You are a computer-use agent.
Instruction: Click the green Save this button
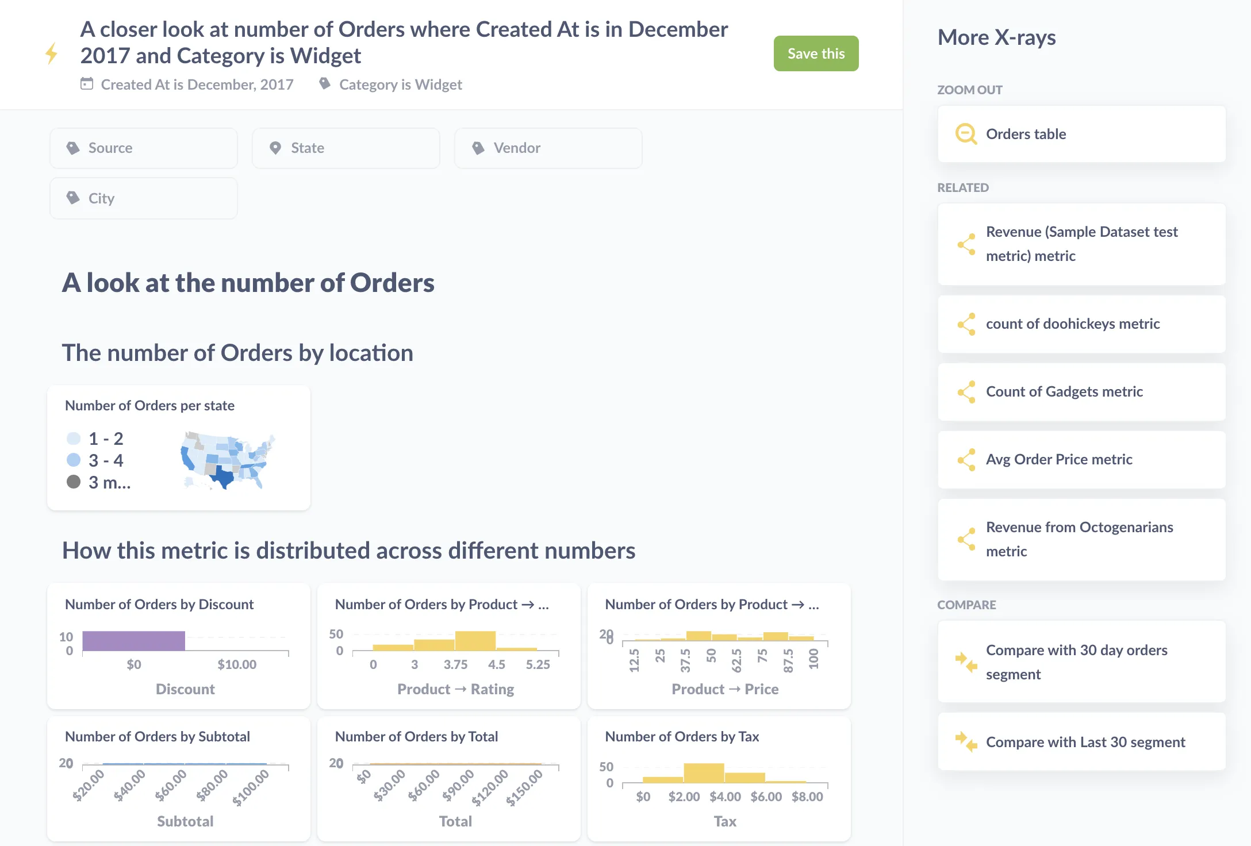pyautogui.click(x=815, y=53)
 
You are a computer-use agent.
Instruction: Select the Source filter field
pyautogui.click(x=143, y=148)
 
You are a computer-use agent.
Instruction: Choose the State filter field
pyautogui.click(x=346, y=148)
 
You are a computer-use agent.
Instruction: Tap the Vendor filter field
pyautogui.click(x=548, y=148)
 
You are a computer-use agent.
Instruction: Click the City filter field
pyautogui.click(x=143, y=198)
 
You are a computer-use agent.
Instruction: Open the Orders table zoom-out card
pyautogui.click(x=1081, y=134)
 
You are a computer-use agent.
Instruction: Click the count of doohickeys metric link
pyautogui.click(x=1072, y=324)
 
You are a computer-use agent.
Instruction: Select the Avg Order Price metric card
pyautogui.click(x=1081, y=460)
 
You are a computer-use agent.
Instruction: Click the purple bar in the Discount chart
pyautogui.click(x=133, y=641)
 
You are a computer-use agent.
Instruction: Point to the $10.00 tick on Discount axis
pyautogui.click(x=237, y=665)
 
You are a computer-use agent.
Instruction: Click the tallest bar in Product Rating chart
pyautogui.click(x=475, y=640)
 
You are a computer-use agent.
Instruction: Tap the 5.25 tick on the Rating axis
pyautogui.click(x=538, y=665)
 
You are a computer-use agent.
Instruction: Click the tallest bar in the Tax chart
pyautogui.click(x=703, y=772)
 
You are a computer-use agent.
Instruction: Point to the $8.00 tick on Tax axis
pyautogui.click(x=807, y=797)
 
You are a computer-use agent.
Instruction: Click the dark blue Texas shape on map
pyautogui.click(x=224, y=478)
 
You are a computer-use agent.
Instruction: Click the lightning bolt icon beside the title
pyautogui.click(x=51, y=53)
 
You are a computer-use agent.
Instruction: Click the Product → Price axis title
pyautogui.click(x=724, y=689)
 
